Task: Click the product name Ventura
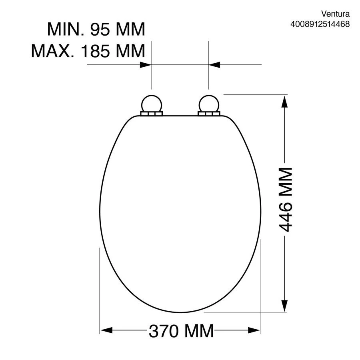(335, 14)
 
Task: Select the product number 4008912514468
(320, 24)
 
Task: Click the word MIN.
(66, 29)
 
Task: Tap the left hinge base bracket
(151, 114)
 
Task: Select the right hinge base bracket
(209, 114)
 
